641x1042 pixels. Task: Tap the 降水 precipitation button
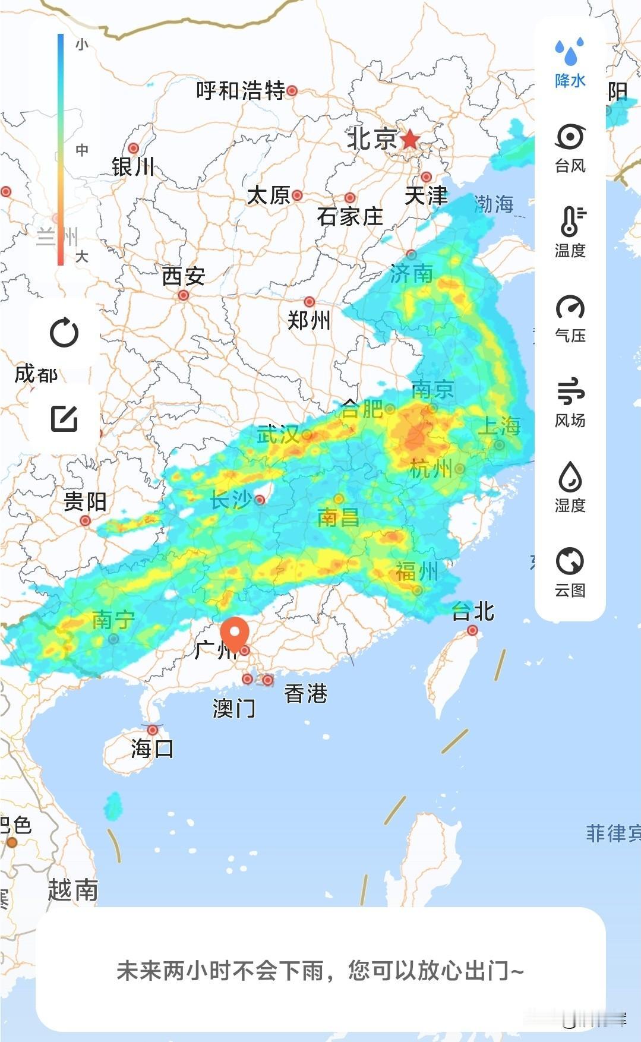[x=570, y=63]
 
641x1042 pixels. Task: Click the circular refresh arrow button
[x=64, y=333]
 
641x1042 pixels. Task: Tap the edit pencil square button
[x=64, y=419]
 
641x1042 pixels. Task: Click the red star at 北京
[x=410, y=140]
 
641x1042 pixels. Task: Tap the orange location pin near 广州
[x=235, y=633]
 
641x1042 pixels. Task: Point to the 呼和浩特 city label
[x=241, y=91]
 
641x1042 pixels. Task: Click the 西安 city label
[x=184, y=276]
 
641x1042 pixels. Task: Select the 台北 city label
[x=473, y=611]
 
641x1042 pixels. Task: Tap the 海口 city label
[x=152, y=749]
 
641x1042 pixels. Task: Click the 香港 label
[x=306, y=693]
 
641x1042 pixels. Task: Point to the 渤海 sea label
[x=494, y=204]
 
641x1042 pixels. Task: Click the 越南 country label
[x=72, y=890]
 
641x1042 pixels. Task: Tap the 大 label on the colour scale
[x=82, y=257]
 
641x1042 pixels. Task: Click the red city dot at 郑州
[x=309, y=302]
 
